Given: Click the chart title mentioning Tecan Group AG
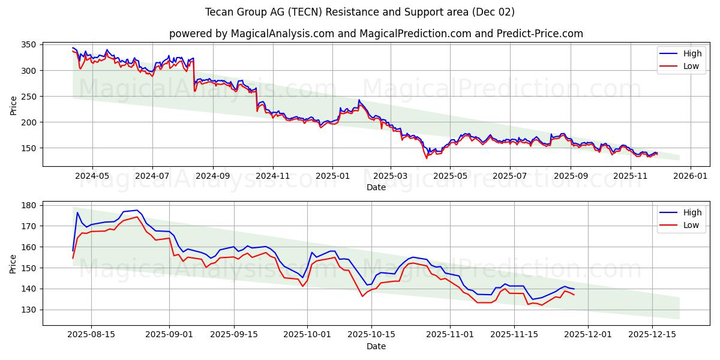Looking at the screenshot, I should click(359, 12).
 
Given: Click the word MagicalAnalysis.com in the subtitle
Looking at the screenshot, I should click(283, 34).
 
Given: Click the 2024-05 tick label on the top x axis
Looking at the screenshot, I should click(92, 176).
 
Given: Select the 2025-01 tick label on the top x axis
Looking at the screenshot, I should click(332, 176).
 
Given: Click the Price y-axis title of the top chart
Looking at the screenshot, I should click(13, 104).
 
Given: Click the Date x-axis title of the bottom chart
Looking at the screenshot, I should click(376, 346).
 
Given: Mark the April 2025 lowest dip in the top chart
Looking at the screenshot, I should click(427, 158).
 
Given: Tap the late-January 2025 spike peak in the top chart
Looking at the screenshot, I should click(359, 100).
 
